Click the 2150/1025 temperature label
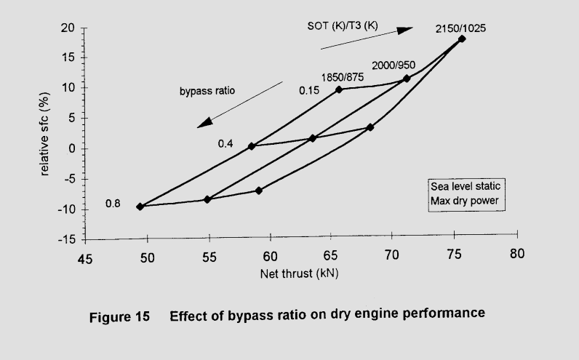click(x=460, y=28)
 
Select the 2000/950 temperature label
click(x=394, y=65)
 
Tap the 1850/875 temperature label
click(x=343, y=76)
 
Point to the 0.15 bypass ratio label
click(x=310, y=90)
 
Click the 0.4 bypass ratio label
click(x=225, y=143)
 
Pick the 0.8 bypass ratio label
click(x=113, y=203)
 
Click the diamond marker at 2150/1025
click(x=461, y=39)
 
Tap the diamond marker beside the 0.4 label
click(x=251, y=146)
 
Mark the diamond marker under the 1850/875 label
click(x=339, y=89)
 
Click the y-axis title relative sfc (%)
click(x=44, y=134)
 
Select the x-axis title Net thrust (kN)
click(x=300, y=274)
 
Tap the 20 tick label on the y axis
click(x=68, y=28)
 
